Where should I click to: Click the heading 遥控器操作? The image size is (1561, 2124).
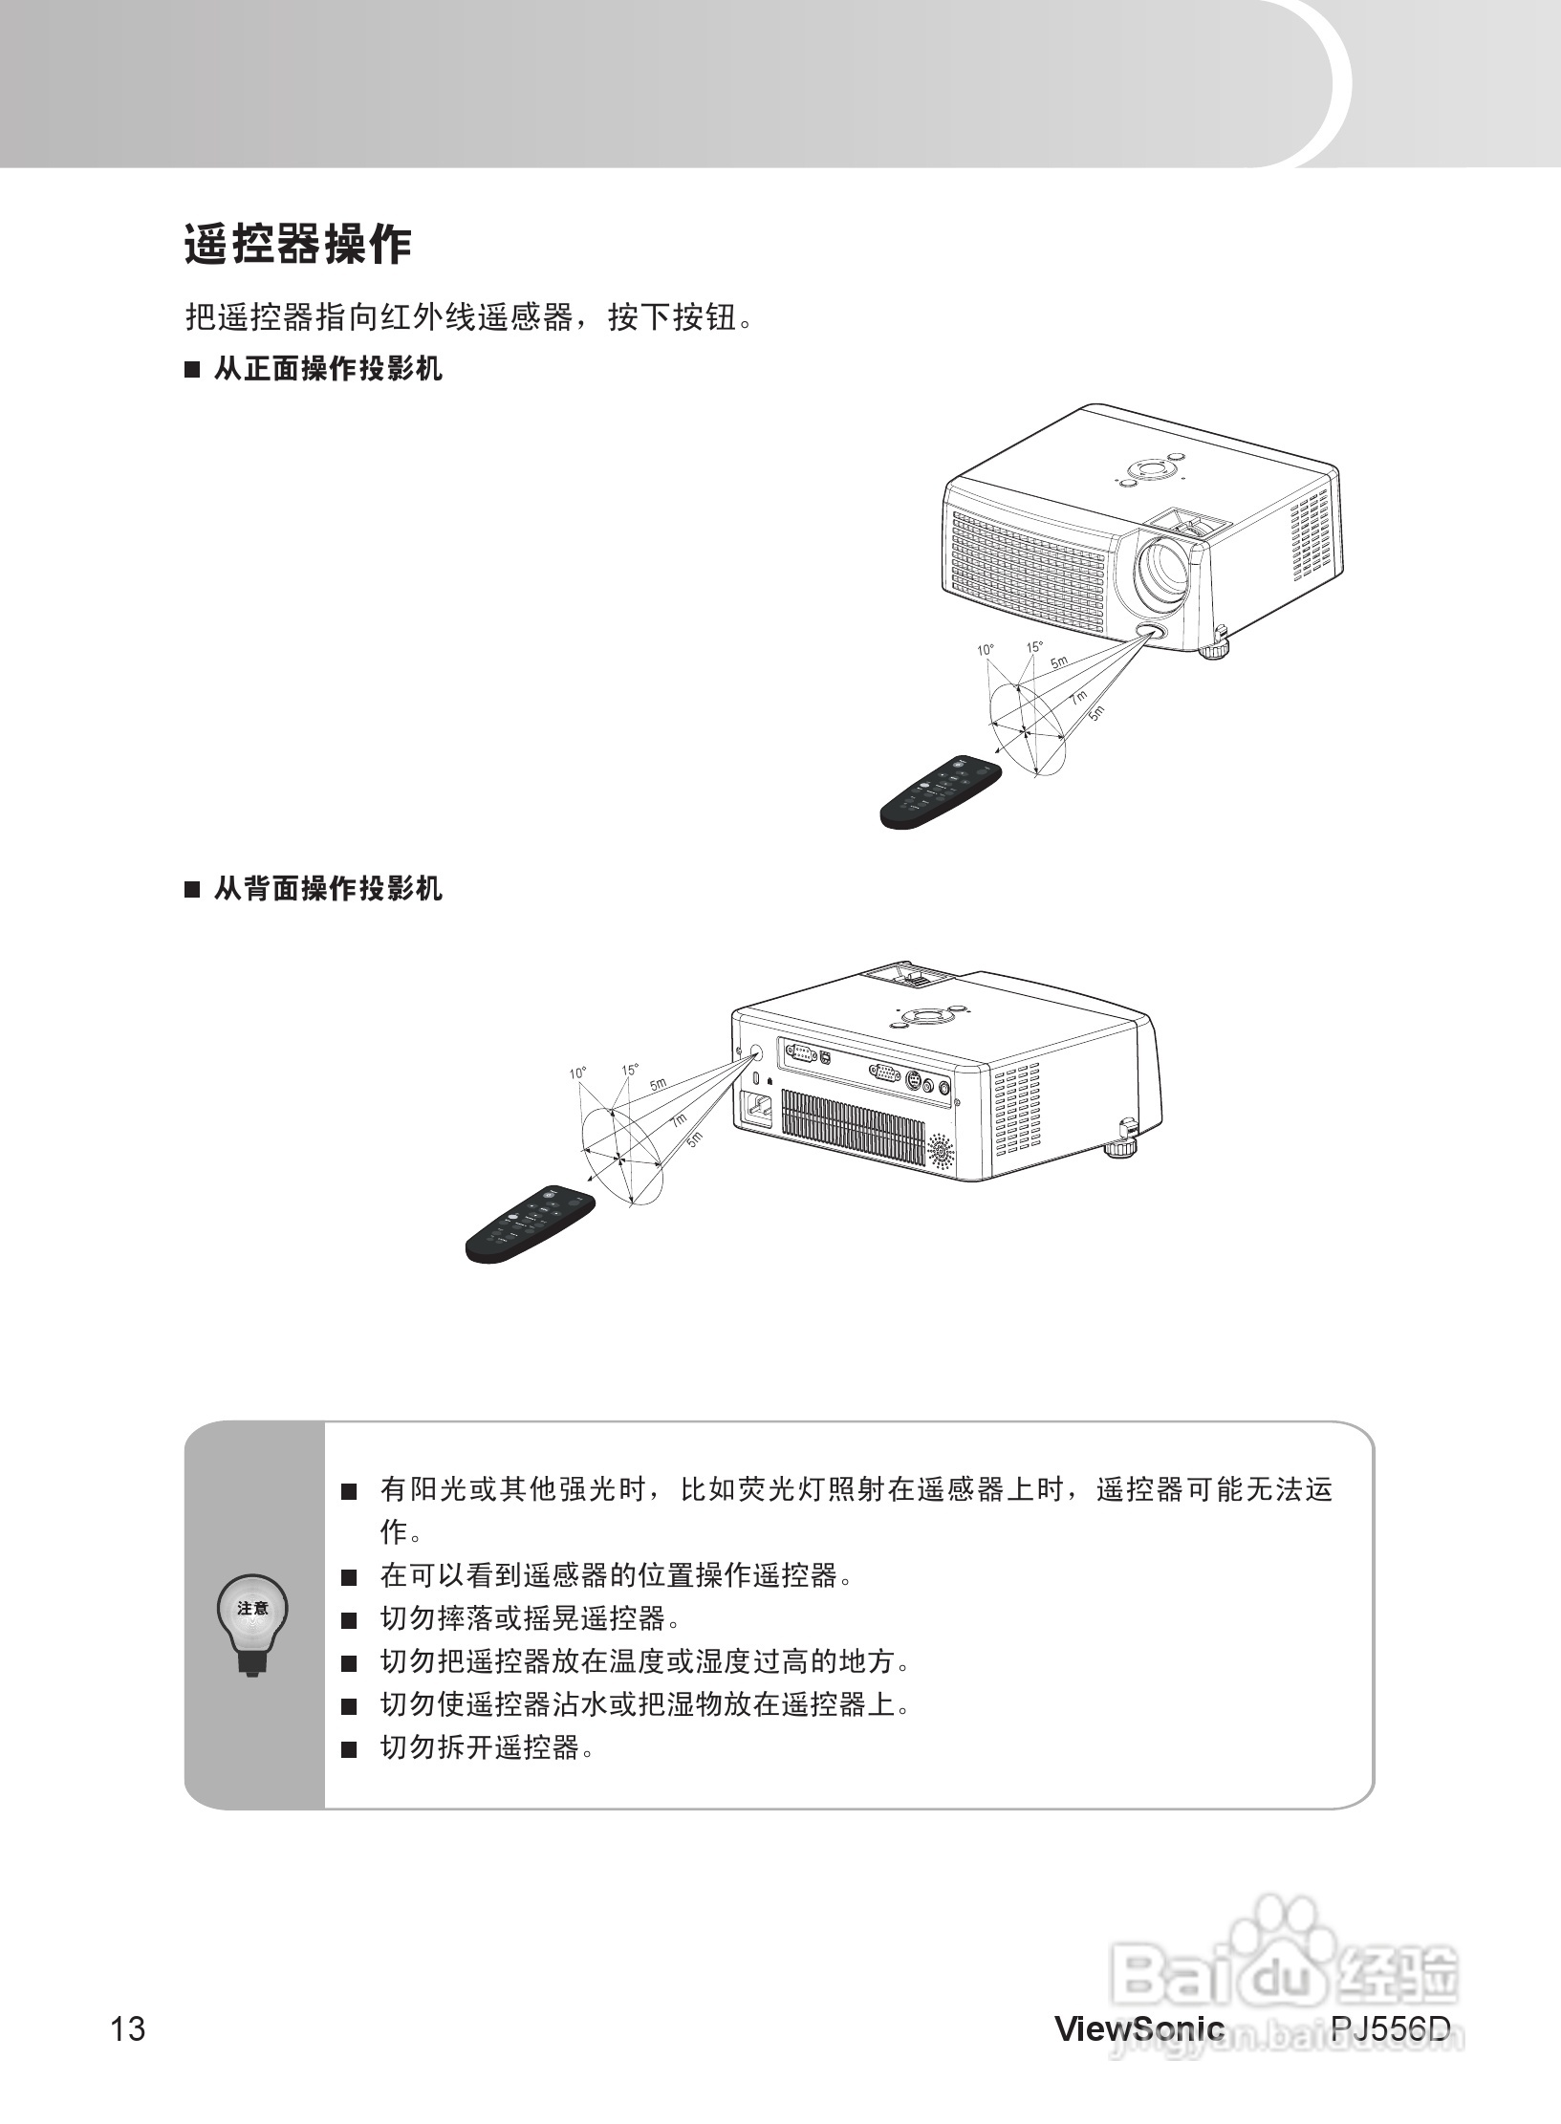click(297, 246)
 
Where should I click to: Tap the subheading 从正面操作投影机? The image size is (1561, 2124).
click(327, 369)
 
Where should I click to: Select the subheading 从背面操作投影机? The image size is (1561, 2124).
click(327, 889)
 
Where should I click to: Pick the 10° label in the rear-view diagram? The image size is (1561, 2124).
click(577, 1073)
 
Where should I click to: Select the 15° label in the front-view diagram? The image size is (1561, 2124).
click(1034, 647)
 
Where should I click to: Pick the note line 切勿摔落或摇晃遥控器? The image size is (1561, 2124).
click(531, 1618)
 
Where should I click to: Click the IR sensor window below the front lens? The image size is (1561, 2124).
click(1149, 633)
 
